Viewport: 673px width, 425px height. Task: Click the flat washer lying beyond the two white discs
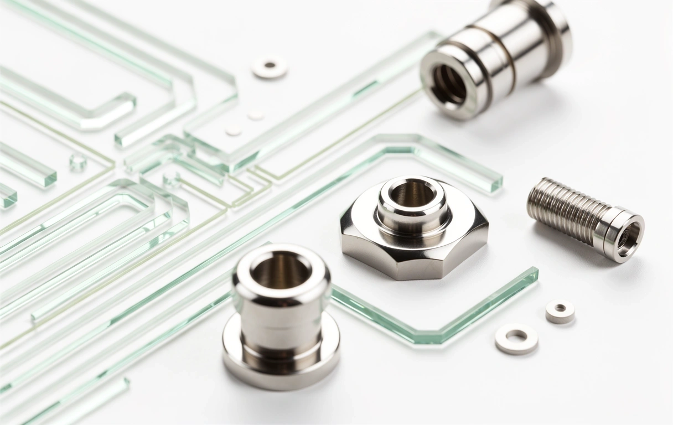point(270,67)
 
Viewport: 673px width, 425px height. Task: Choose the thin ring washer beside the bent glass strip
point(516,338)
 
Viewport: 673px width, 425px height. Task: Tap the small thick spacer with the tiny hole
point(560,311)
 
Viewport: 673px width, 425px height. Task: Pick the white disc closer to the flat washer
point(255,115)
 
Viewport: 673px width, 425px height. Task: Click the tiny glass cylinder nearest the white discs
point(170,178)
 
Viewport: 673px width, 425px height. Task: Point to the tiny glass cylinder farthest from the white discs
point(77,162)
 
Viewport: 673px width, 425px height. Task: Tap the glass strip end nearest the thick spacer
point(531,274)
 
